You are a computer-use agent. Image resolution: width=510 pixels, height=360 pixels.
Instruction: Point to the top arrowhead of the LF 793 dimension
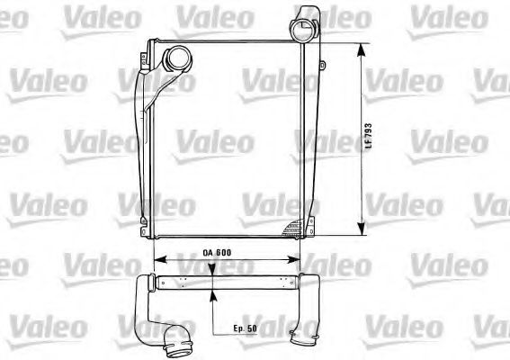[362, 47]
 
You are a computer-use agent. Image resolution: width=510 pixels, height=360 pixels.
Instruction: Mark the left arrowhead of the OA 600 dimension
[158, 260]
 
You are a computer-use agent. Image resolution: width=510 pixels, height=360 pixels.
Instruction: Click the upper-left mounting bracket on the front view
[144, 55]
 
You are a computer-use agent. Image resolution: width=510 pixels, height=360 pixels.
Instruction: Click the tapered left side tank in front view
[143, 135]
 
